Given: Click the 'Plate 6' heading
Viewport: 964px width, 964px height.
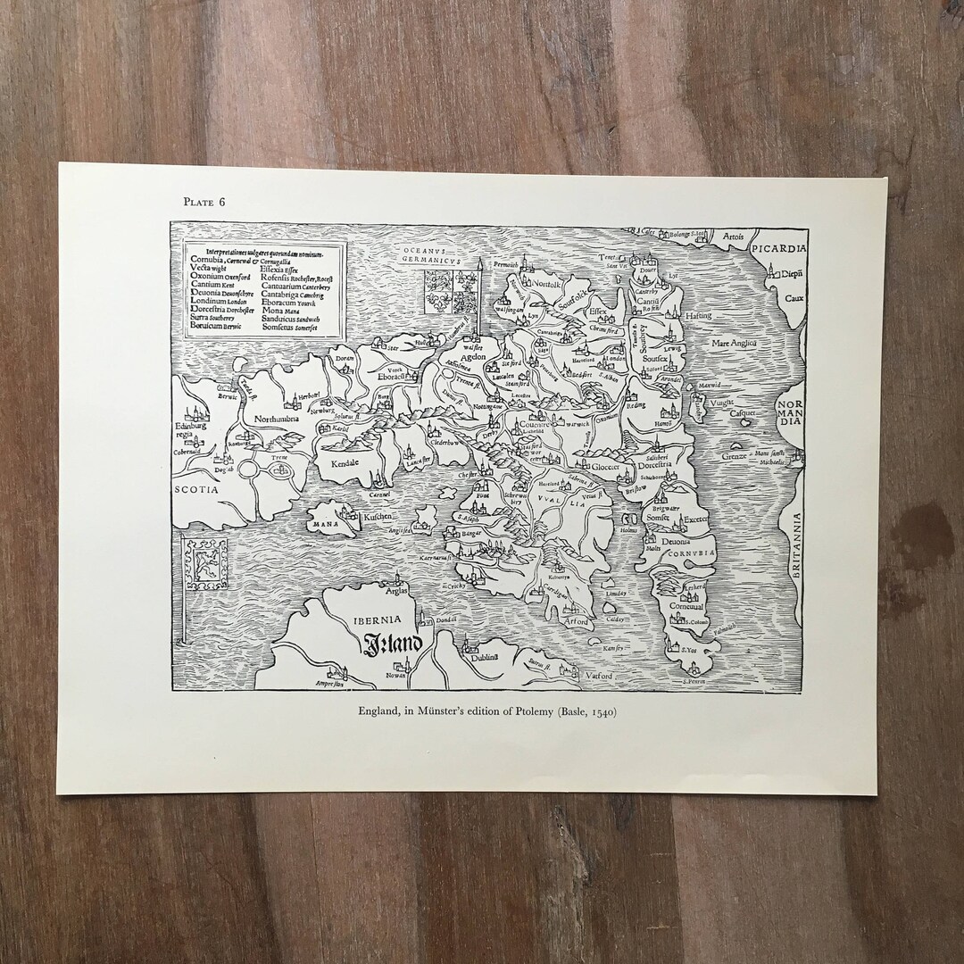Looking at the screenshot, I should tap(204, 201).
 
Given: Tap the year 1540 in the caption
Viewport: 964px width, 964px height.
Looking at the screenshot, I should tap(602, 713).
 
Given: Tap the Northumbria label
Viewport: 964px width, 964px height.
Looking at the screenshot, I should tap(282, 417).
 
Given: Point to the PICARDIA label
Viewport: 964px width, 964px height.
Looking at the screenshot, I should tap(778, 248).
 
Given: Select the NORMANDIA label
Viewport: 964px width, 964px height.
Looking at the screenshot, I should tap(789, 411).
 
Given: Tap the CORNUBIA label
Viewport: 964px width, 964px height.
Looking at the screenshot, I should tap(697, 553).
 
